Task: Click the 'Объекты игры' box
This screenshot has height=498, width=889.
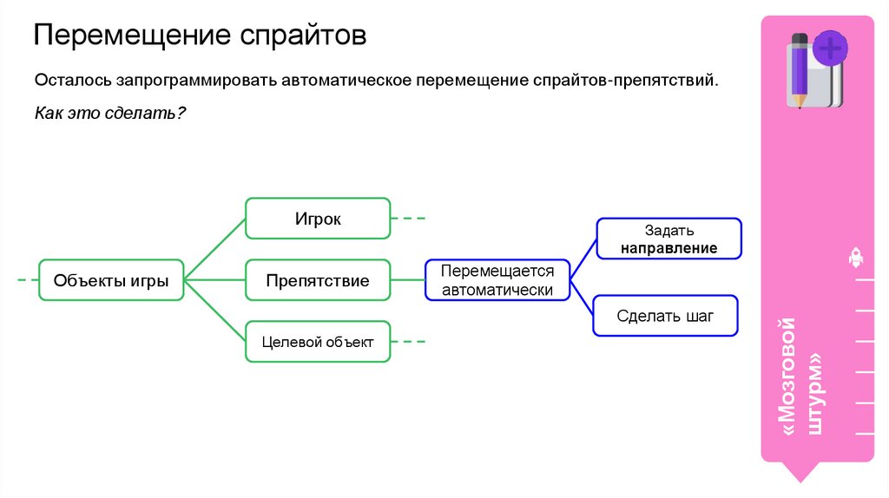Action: (111, 280)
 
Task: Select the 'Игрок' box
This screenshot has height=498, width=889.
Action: (317, 219)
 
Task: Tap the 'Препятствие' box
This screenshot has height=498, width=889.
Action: (317, 280)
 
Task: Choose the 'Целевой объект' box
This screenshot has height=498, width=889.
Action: (317, 342)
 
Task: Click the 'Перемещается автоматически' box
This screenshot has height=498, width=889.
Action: (497, 280)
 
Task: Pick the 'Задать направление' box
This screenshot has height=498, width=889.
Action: (668, 239)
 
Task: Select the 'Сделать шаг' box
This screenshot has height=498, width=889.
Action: (665, 316)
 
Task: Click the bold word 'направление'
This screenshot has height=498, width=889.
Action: (668, 248)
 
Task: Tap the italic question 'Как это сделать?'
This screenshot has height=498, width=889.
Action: (111, 114)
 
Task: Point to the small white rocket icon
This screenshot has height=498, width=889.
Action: (854, 257)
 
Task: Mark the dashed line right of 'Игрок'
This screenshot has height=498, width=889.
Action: (409, 219)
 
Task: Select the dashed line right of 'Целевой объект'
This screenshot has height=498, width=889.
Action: (409, 342)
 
